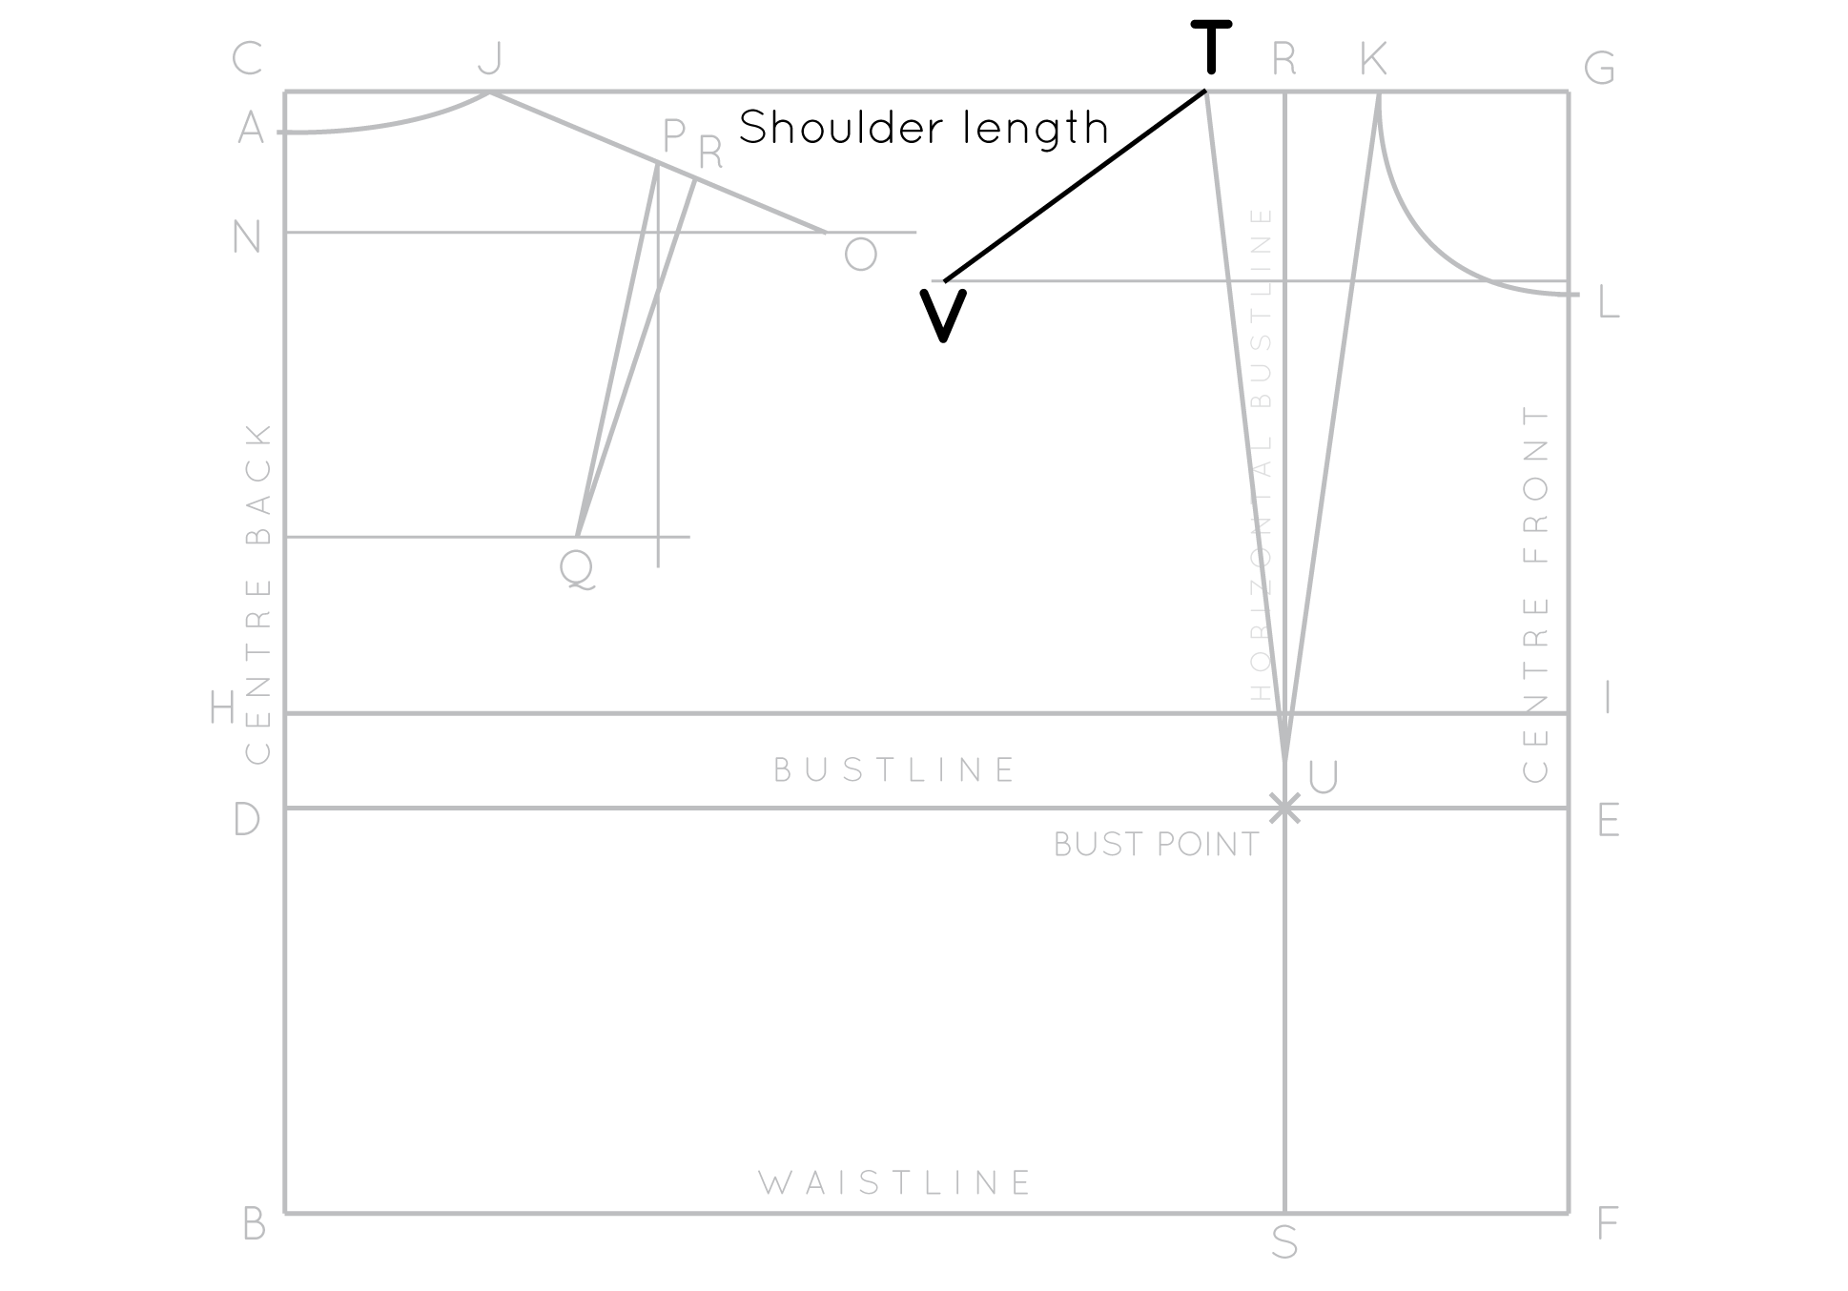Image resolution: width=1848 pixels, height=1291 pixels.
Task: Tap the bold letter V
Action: [x=943, y=315]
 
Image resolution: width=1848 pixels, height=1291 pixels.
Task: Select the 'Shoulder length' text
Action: [x=923, y=128]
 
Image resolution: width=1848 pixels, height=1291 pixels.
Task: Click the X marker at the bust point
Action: [x=1284, y=809]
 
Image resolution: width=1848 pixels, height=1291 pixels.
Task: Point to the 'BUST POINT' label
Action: [x=1156, y=845]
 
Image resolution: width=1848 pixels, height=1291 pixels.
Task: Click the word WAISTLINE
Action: [x=895, y=1183]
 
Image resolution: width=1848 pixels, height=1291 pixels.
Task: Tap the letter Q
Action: [x=577, y=569]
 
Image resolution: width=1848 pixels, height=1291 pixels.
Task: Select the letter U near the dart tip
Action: [x=1324, y=778]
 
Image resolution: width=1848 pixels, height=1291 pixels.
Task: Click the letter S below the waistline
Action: [x=1284, y=1242]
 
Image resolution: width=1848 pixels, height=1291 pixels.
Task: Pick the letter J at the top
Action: [x=489, y=59]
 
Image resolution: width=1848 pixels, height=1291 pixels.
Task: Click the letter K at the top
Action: [x=1373, y=59]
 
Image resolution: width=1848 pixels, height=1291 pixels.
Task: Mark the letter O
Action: [x=860, y=255]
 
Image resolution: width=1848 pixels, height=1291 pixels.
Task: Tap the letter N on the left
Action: [x=247, y=236]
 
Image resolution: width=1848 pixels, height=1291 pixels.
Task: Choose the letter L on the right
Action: [x=1608, y=304]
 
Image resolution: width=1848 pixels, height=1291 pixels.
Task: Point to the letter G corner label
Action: [x=1599, y=69]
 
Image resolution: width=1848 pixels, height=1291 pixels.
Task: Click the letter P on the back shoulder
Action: [x=673, y=137]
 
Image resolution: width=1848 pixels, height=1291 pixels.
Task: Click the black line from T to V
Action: [x=1076, y=186]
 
